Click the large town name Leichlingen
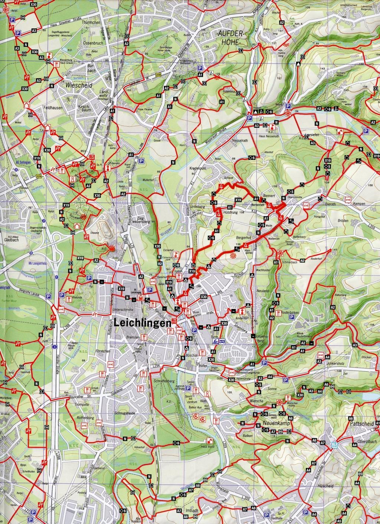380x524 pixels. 143,323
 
